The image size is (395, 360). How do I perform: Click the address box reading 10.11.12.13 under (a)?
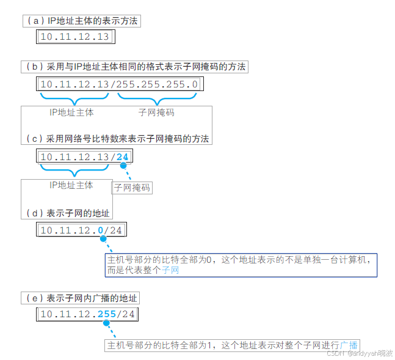pos(74,37)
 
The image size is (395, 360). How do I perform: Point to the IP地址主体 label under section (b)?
pos(71,113)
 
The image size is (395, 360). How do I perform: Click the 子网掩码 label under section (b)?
pos(157,113)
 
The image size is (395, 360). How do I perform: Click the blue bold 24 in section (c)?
pos(123,157)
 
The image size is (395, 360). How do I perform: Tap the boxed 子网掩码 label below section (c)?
pos(132,188)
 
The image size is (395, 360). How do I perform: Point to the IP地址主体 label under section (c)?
pos(71,185)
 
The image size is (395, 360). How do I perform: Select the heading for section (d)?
pos(68,213)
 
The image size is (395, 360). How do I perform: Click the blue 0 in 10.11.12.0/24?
pos(100,230)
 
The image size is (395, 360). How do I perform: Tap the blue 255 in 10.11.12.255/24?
pos(106,315)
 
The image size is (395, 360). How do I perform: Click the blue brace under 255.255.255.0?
pos(157,99)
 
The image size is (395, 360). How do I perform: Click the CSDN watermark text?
pos(360,353)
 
